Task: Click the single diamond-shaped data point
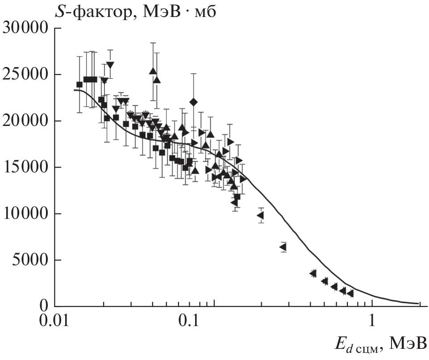[193, 102]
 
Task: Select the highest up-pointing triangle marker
[153, 71]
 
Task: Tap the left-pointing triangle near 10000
[260, 215]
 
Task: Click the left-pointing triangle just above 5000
[283, 247]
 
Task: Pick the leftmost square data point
[79, 85]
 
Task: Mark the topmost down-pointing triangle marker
[110, 65]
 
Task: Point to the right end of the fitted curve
[419, 304]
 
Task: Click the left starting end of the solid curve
[74, 90]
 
